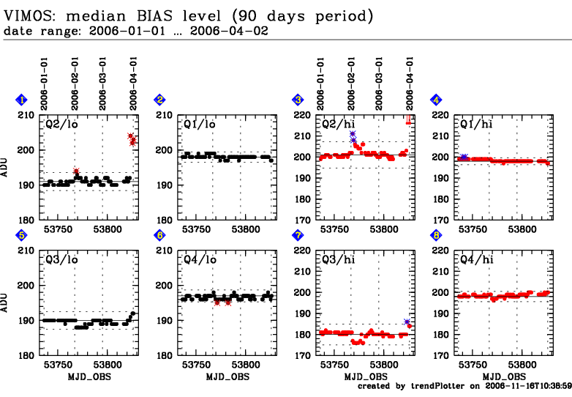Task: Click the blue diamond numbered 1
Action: point(23,100)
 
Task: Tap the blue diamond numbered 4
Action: point(436,100)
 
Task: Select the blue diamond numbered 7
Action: point(298,235)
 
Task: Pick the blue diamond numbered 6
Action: point(159,235)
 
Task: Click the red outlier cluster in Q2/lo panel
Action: point(132,138)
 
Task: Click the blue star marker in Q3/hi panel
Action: point(407,322)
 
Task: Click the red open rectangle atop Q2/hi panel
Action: point(408,120)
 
